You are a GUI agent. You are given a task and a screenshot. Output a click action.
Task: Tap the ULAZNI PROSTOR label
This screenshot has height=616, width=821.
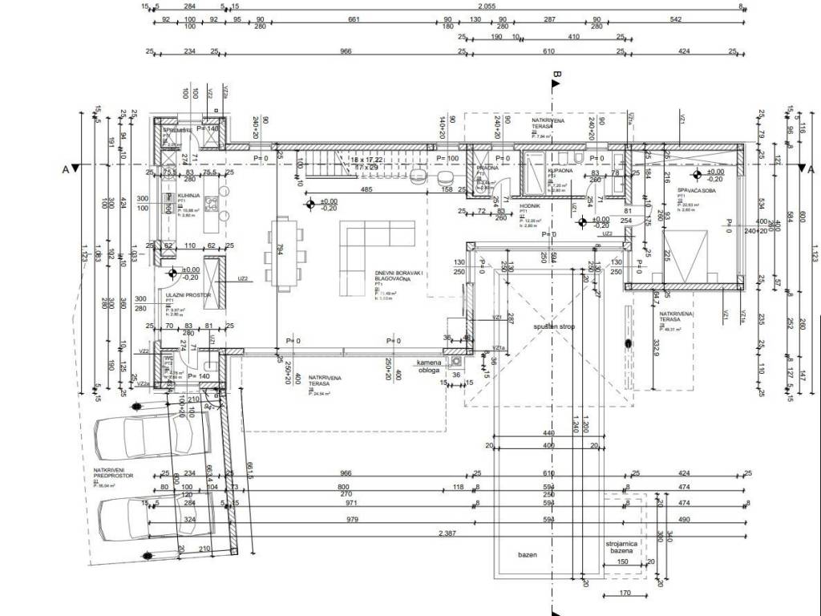point(181,295)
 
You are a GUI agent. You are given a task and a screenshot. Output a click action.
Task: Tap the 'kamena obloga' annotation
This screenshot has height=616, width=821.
point(429,367)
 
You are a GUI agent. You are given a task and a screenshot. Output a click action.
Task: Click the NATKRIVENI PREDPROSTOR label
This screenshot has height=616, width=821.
point(113,479)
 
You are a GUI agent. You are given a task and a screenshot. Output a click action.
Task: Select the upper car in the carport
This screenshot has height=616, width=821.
point(152,439)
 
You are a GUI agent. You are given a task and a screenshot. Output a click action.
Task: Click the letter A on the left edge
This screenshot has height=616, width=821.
point(64,168)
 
